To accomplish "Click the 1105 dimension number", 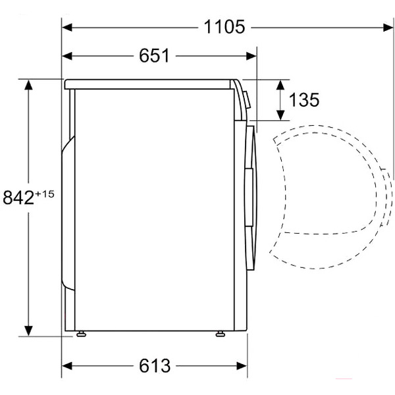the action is coord(224,27).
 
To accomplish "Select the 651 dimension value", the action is coord(155,56).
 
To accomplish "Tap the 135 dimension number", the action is coord(304,100).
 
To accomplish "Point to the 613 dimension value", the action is coord(155,365).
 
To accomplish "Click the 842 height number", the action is coord(18,197).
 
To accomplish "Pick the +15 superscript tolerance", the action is coord(45,194).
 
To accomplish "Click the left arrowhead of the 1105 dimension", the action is coord(67,27).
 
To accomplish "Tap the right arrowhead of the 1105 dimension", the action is coord(388,27).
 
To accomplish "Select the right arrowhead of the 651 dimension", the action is coord(251,56).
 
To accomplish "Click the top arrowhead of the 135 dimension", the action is coord(280,85).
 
